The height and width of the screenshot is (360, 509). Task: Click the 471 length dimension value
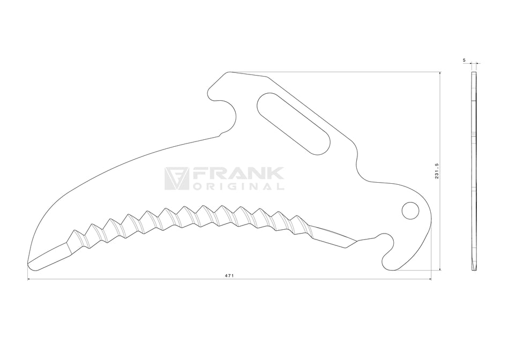point(229,275)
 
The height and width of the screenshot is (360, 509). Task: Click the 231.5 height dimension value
point(437,171)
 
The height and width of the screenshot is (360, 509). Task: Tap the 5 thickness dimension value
point(464,60)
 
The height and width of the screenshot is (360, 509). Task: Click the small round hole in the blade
point(410,211)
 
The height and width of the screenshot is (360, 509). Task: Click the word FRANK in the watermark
point(238,174)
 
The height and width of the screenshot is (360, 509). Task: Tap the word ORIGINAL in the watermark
point(238,186)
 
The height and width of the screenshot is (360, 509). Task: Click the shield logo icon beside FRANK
point(177,178)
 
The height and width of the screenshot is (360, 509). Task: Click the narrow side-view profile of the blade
point(474,171)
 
